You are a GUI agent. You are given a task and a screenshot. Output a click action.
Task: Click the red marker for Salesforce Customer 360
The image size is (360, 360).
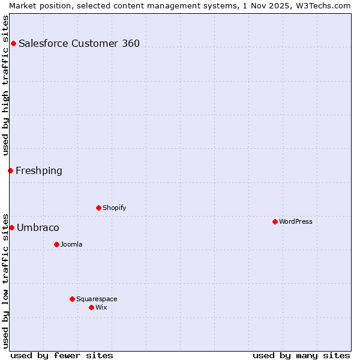point(13,43)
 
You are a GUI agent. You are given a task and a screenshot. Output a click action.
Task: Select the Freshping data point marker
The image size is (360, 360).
point(10,171)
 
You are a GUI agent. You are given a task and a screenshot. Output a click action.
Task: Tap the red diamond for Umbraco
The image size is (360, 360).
point(11,228)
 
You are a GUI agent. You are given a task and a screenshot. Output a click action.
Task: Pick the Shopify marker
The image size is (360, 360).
point(98,208)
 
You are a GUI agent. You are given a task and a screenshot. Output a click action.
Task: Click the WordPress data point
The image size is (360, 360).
point(275,222)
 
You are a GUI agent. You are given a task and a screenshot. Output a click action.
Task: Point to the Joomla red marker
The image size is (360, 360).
point(56,245)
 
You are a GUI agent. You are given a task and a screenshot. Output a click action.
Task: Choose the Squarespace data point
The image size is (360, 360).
point(72,299)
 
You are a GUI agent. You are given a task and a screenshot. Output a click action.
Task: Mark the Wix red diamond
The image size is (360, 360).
point(91,308)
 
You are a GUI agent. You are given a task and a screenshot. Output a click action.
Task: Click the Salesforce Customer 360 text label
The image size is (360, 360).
point(79,43)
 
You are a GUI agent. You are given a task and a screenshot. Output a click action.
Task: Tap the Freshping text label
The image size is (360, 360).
point(39,171)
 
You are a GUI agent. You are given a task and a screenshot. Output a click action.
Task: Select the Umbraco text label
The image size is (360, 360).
point(38,228)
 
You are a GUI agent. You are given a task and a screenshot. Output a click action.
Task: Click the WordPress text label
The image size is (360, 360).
point(296,222)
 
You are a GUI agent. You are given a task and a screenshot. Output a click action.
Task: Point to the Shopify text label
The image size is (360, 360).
point(114,208)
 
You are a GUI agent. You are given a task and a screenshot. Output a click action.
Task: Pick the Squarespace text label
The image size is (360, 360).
point(97,299)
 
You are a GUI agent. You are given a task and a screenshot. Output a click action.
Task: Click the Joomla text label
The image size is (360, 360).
point(71,245)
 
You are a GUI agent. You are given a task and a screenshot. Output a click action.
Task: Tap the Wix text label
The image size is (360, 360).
point(101,308)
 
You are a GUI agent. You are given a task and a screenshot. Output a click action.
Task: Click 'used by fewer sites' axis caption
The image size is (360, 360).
point(62,355)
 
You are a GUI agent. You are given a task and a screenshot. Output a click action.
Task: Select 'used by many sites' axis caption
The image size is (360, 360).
point(301,355)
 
